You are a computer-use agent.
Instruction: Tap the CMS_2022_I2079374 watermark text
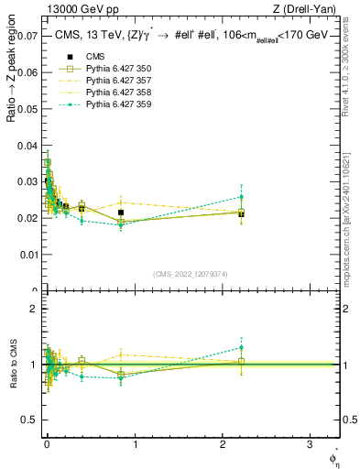(191, 273)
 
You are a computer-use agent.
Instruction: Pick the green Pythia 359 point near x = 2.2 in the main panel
(241, 197)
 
